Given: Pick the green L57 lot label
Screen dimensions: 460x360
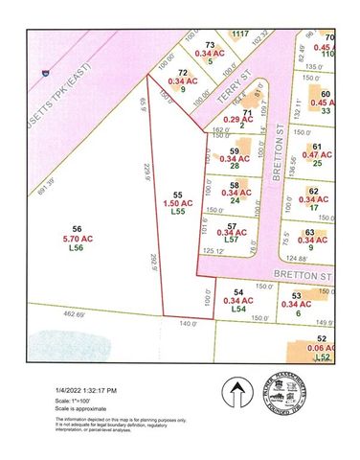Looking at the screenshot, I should pos(230,240).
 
